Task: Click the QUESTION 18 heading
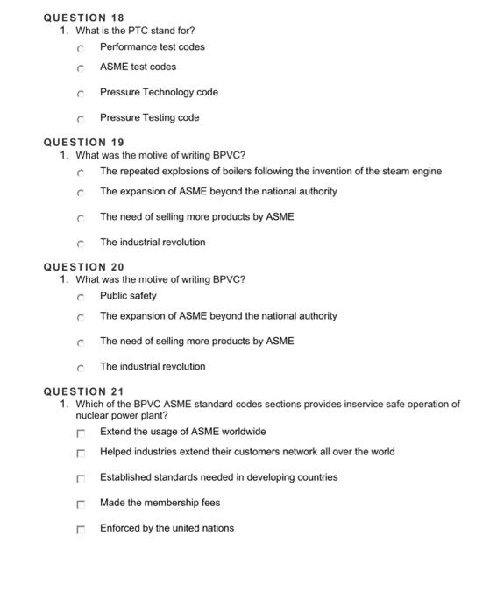pos(83,18)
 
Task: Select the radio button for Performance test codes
pos(80,47)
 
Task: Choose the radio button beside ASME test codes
pos(80,67)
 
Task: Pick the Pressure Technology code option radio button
pos(80,93)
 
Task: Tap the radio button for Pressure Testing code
pos(80,118)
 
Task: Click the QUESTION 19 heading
pos(83,142)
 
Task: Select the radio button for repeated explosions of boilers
pos(80,172)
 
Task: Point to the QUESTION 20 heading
pos(83,266)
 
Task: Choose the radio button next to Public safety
pos(80,296)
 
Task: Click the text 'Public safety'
pos(128,295)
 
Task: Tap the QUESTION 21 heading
pos(83,391)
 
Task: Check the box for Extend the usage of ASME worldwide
pos(80,433)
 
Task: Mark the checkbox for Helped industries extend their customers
pos(80,453)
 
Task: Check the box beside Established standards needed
pos(80,478)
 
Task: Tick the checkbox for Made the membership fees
pos(80,504)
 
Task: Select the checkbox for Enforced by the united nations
pos(80,529)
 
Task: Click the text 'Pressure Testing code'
pos(149,117)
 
